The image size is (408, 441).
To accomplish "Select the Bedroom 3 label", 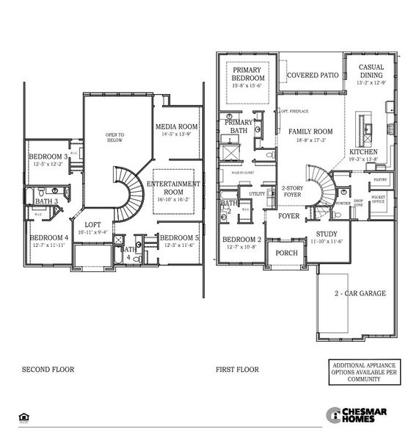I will (x=48, y=157).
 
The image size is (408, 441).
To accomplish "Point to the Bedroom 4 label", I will (x=48, y=237).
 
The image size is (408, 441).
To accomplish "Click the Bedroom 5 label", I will (x=179, y=237).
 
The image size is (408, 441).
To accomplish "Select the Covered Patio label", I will (x=312, y=75).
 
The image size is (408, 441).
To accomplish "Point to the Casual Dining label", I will (x=371, y=71).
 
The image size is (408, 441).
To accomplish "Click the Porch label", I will (x=285, y=253).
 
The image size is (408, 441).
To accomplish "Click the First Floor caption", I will (x=236, y=369).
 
